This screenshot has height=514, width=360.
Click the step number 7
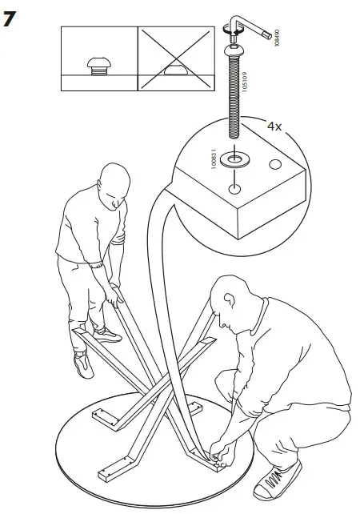[x=10, y=18]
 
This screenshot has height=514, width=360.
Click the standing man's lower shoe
[x=83, y=365]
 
